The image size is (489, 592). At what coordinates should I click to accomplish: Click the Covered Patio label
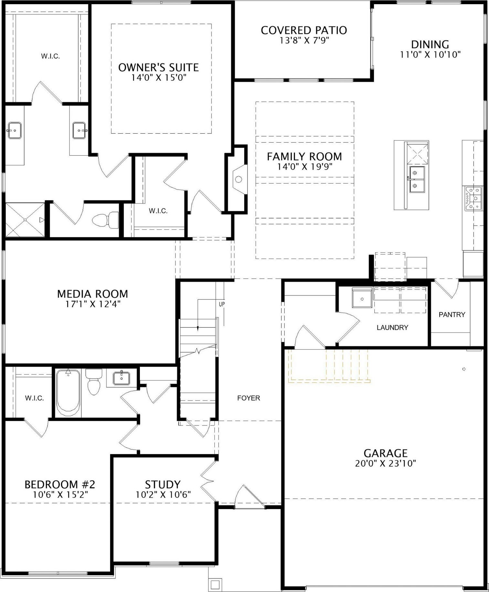point(304,30)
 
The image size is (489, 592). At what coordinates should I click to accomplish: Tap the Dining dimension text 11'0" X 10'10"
point(430,55)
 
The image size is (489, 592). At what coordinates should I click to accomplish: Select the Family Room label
point(304,157)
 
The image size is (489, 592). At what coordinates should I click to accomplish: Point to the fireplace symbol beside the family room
point(239,179)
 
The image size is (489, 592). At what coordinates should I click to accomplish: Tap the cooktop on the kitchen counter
point(473,199)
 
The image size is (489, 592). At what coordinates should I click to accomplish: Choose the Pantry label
point(452,314)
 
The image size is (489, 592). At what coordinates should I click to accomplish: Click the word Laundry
point(392,328)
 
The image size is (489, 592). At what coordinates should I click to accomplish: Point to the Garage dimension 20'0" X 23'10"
point(385,464)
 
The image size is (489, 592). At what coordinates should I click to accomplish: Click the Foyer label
point(249,398)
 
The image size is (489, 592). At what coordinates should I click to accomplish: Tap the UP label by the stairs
point(222,304)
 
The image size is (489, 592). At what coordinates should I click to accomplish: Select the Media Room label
point(93,294)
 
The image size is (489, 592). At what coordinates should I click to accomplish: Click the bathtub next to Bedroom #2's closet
point(68,393)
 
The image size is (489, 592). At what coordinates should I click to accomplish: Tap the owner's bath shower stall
point(25,220)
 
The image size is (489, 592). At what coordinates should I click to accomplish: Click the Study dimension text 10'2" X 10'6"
point(163,494)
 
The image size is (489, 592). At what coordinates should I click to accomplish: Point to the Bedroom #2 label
point(60,485)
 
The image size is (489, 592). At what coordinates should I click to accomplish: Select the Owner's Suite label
point(159,67)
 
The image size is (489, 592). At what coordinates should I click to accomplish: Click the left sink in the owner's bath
point(15,130)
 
